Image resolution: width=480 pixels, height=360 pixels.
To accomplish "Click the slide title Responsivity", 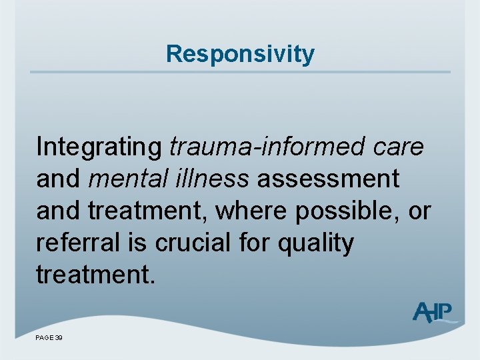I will click(240, 53).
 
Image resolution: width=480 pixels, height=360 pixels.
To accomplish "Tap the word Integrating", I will click(99, 147).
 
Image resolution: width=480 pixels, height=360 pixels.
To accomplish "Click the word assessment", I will click(329, 179).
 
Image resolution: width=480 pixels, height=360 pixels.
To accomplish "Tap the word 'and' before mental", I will click(59, 179).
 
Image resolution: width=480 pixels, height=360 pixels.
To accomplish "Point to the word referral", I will click(77, 243).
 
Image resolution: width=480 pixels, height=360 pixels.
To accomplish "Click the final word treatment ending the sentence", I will click(95, 275).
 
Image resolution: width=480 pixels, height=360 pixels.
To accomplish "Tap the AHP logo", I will click(433, 312).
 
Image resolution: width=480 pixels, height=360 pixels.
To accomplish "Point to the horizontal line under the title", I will click(240, 72).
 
